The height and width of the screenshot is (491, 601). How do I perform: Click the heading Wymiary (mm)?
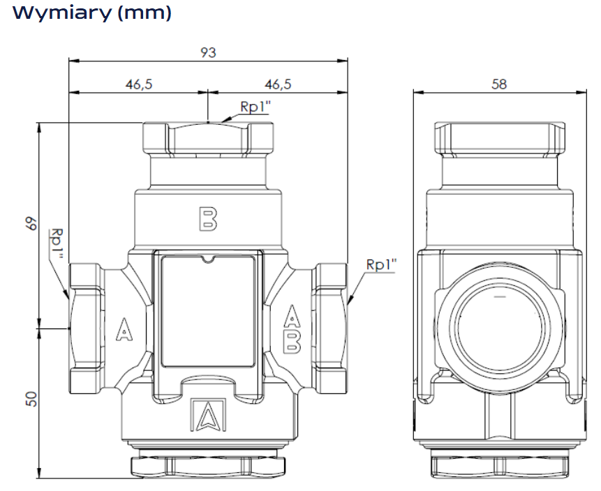click(x=92, y=13)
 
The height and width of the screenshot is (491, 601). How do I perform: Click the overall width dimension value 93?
click(x=208, y=52)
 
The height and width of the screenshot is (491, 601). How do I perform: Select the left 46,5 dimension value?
click(x=139, y=84)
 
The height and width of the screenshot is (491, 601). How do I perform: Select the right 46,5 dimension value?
click(x=278, y=84)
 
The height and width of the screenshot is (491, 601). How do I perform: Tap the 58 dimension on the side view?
click(x=499, y=84)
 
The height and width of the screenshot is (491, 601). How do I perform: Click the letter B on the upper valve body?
click(x=207, y=218)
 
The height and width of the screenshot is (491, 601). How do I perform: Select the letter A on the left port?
click(x=124, y=329)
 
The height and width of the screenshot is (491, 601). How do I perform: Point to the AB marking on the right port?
click(x=293, y=329)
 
